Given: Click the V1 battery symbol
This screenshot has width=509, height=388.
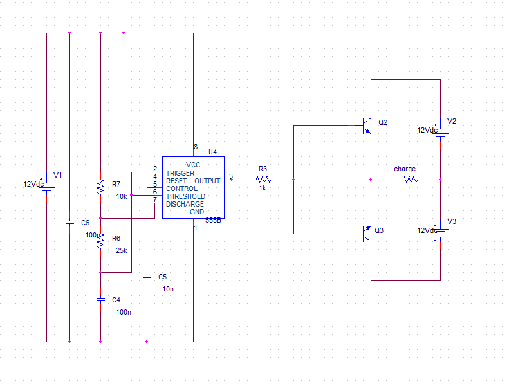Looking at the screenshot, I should point(46,185).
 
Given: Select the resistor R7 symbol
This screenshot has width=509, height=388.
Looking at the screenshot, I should point(100,187).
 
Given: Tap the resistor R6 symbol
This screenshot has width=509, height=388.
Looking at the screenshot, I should point(100,241).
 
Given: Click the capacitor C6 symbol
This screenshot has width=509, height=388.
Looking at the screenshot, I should point(69,222).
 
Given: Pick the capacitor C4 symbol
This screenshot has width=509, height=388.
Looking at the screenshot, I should point(100,299).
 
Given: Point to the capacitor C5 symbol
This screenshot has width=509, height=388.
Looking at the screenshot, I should point(147,276).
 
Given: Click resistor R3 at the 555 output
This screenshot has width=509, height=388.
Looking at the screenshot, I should point(263,180).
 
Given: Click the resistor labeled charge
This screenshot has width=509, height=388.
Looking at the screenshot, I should point(410,180).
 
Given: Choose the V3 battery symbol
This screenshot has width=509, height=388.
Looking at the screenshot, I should point(440,232).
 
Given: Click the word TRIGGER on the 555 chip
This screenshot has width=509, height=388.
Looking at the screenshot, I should point(180,173).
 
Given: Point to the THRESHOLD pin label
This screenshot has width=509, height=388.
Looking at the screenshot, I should point(185,196).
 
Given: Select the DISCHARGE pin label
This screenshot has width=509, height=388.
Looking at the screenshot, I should point(185,204).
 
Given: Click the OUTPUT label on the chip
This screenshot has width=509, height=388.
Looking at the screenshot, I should point(207,181).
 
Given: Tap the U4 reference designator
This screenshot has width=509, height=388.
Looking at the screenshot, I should point(212,152).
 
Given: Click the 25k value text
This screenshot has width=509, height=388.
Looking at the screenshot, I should point(121,251).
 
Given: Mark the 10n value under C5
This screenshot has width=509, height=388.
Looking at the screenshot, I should point(168,289).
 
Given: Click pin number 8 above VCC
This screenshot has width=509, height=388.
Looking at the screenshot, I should point(195,147).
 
